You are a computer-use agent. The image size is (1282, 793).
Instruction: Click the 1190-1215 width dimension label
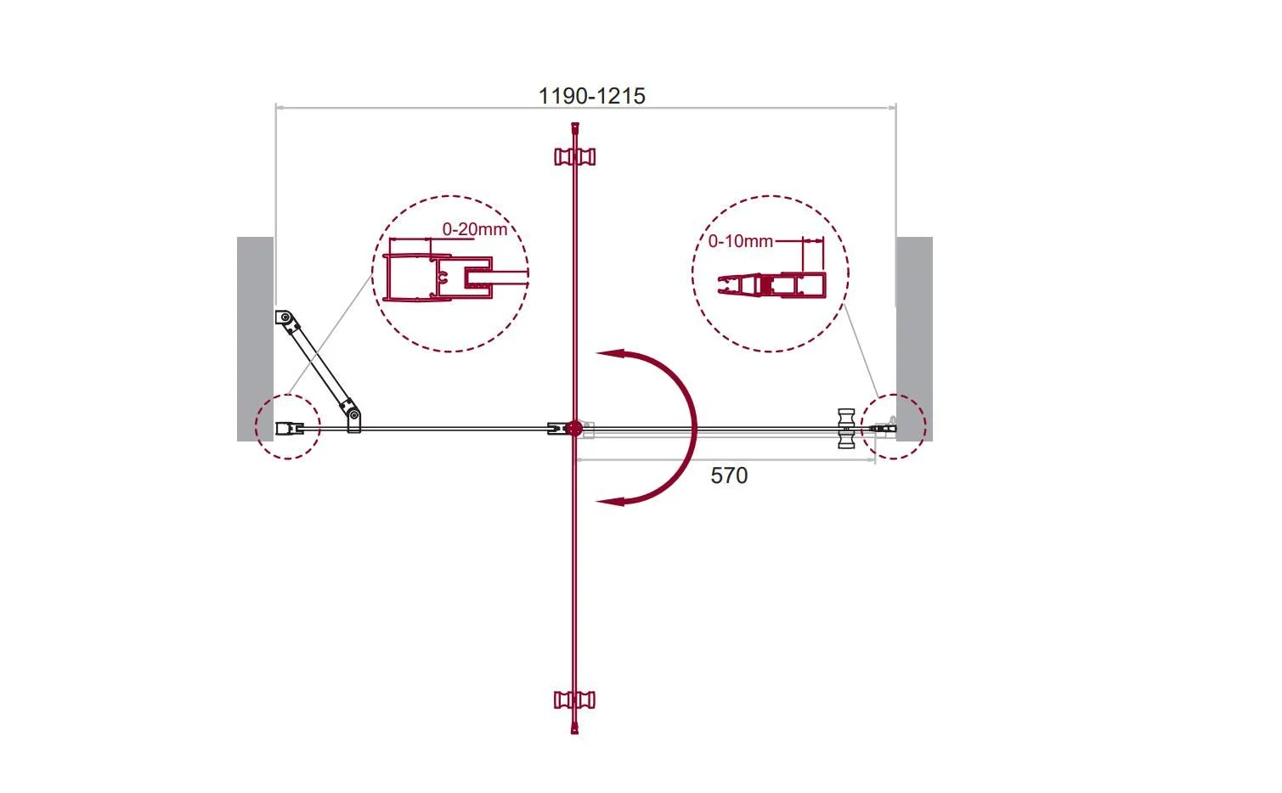click(592, 96)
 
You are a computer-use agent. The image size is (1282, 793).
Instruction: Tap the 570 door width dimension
click(729, 475)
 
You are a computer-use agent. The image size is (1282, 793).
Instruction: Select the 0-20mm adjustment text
click(474, 229)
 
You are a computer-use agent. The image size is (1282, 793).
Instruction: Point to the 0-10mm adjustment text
click(740, 241)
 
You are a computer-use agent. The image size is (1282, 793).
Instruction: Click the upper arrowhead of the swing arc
click(610, 353)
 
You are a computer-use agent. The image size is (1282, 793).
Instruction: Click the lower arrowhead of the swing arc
click(610, 501)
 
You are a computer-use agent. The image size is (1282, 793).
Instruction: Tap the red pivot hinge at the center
click(574, 428)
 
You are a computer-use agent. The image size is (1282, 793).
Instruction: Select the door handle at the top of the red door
click(574, 156)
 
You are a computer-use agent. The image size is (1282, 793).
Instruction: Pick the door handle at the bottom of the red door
click(574, 700)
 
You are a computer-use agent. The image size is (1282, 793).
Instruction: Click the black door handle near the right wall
click(846, 429)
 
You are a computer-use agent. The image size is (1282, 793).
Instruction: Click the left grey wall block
click(255, 339)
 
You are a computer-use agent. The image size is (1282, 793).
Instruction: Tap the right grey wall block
click(914, 339)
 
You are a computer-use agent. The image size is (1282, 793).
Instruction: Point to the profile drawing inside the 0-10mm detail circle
click(771, 285)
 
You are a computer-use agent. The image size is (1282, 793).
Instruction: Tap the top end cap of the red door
click(575, 127)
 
